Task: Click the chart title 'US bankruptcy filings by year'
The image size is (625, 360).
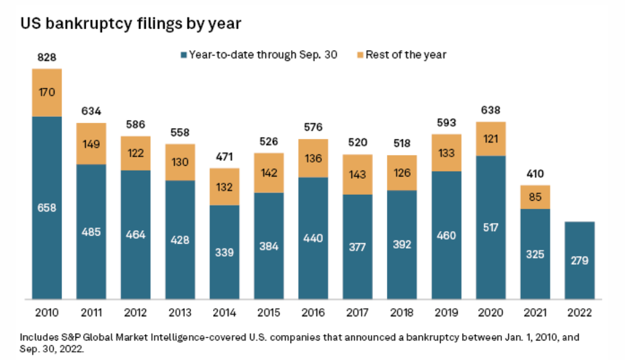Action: click(131, 24)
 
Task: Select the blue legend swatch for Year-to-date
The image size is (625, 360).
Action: click(183, 55)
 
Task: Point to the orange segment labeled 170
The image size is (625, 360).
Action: click(47, 93)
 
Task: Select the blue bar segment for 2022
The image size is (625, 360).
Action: click(579, 260)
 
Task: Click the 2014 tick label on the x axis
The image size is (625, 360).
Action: click(225, 314)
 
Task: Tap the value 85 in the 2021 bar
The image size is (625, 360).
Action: click(536, 197)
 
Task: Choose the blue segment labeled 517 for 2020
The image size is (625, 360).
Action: click(491, 228)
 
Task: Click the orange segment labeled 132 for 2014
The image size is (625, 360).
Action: click(225, 186)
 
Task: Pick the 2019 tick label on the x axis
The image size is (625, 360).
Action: click(447, 314)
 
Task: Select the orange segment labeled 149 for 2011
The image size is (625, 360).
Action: click(91, 143)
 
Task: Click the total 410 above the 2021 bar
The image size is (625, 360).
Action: click(536, 175)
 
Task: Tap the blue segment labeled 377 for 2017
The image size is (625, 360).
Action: click(358, 246)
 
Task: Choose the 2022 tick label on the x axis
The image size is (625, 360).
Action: click(579, 314)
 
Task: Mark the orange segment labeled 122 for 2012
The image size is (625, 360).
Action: click(136, 152)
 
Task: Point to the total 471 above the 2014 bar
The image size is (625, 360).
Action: click(225, 157)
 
